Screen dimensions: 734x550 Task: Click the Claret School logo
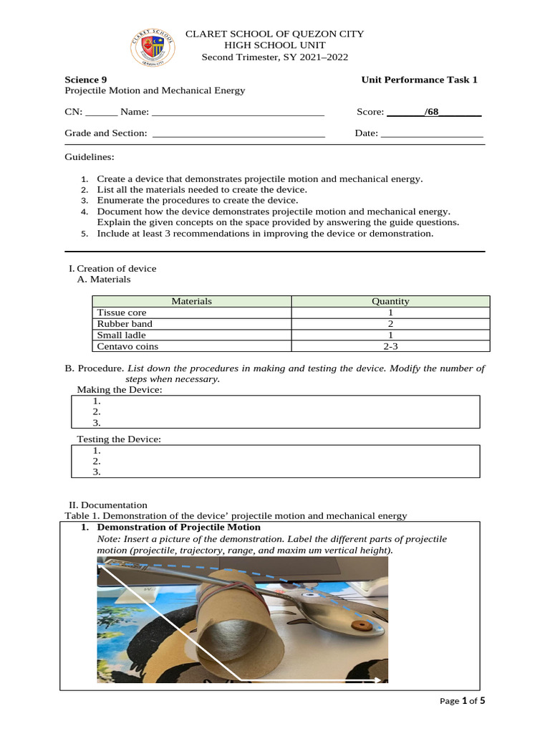coord(152,47)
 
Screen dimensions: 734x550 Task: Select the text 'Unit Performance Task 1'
coord(419,80)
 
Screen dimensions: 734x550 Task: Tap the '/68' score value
coord(431,112)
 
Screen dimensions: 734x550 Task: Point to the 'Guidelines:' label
coord(90,157)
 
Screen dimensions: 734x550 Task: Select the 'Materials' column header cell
coord(192,302)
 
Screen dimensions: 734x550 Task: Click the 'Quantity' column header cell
coord(390,302)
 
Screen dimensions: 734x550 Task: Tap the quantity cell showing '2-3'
coord(390,346)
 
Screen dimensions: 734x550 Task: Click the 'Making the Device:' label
coord(120,389)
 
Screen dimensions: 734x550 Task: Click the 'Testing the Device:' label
coord(119,439)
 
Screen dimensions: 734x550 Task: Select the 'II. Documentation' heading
coord(107,505)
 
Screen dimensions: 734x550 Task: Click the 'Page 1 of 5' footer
coord(462,700)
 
